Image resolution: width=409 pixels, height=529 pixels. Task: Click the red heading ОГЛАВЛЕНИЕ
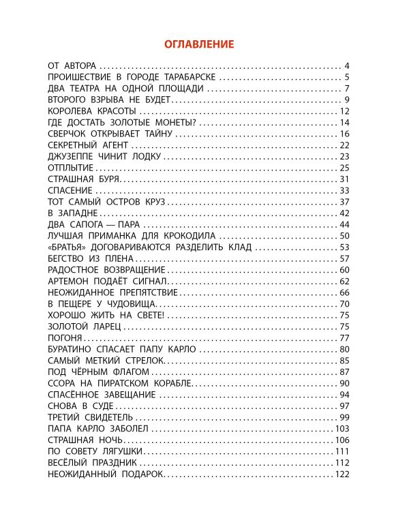coord(199,44)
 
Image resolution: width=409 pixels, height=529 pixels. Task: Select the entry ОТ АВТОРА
coord(74,66)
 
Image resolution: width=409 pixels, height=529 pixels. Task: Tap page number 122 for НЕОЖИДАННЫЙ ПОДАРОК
coord(342,474)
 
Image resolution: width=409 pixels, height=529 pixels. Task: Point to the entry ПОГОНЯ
coord(66,338)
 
